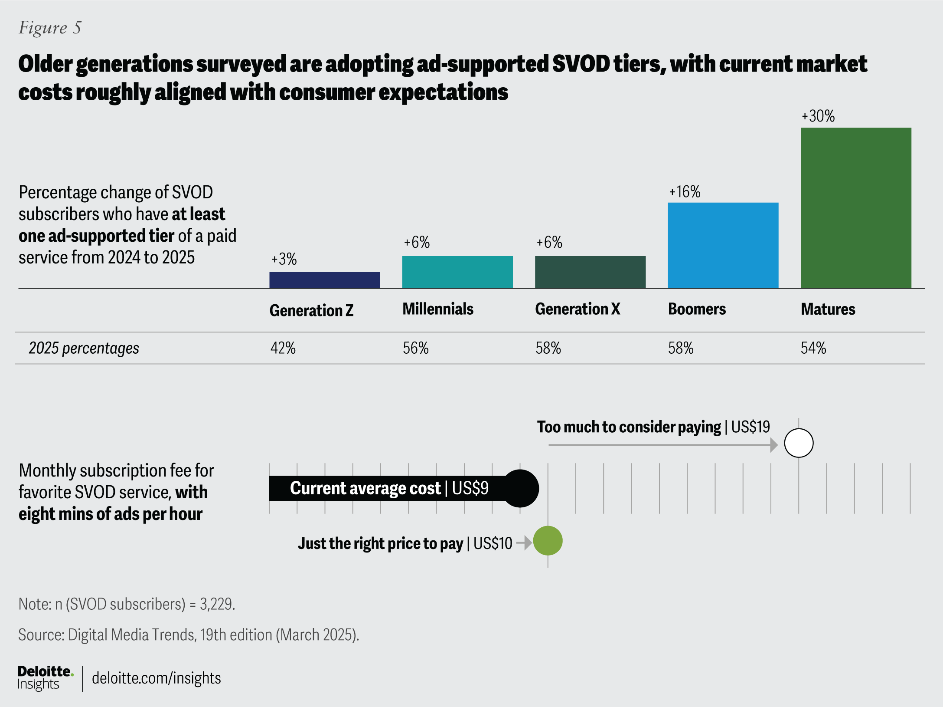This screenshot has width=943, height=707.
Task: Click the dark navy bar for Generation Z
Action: (324, 280)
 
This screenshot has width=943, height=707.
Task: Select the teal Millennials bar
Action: (457, 272)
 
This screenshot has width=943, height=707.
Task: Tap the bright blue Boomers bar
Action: (723, 245)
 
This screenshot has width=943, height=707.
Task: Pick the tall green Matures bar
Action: (855, 208)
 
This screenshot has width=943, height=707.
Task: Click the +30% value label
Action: (818, 116)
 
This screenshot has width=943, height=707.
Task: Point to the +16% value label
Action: (685, 192)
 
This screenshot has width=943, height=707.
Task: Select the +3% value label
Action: (284, 260)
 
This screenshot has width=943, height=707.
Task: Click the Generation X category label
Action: (578, 309)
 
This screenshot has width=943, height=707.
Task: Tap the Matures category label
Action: (828, 309)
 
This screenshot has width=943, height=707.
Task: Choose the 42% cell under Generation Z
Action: (283, 348)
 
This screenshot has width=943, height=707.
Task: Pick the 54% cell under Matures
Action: (813, 348)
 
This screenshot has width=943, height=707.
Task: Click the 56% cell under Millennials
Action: (416, 348)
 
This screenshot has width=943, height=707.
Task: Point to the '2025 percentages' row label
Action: (84, 348)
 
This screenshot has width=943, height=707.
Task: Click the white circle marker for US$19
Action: (799, 443)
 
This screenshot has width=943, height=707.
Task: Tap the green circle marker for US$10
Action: (548, 541)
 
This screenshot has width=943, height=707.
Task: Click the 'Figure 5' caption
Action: (50, 28)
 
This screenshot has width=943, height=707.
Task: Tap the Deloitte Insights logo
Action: (45, 677)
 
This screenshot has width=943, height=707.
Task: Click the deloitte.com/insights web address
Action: (156, 678)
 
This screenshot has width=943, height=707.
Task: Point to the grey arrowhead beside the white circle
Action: (774, 445)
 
